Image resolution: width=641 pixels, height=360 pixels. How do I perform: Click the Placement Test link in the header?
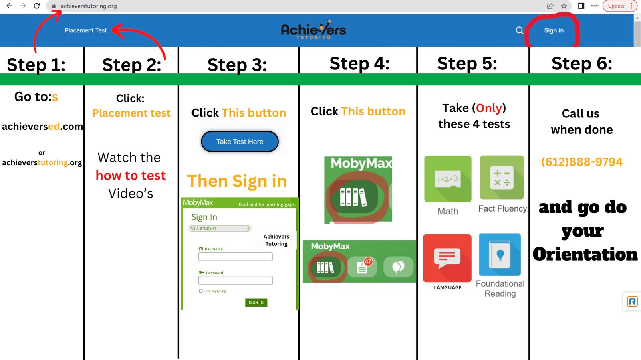coord(86,30)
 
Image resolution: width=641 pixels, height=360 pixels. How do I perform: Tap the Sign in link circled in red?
coord(554,30)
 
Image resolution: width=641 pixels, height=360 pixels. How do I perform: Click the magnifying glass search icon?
coord(519,30)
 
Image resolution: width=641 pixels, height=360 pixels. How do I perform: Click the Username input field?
coord(235,256)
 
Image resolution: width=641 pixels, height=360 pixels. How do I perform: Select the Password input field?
coord(235,280)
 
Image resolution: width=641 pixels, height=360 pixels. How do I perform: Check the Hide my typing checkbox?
coord(201,291)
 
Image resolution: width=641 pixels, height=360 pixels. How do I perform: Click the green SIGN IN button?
coord(256,302)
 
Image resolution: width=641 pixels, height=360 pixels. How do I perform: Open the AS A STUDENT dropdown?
coord(220,228)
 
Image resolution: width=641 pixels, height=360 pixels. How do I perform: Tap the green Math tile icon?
coord(447,179)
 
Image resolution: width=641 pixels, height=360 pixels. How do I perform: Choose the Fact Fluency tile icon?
coord(502,177)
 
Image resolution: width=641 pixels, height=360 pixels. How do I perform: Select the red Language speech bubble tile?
coord(447,258)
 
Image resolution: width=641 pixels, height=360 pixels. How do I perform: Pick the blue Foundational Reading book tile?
coord(500,255)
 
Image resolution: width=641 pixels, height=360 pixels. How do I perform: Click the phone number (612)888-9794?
coord(582,162)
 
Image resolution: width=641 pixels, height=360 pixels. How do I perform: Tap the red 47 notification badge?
coord(368,261)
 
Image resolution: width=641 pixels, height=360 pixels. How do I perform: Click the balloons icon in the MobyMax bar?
coord(398,267)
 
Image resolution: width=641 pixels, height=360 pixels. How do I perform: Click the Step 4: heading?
coord(359,63)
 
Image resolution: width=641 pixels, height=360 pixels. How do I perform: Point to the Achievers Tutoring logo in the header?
coord(313,30)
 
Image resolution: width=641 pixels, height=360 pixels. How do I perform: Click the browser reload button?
coord(36,6)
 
